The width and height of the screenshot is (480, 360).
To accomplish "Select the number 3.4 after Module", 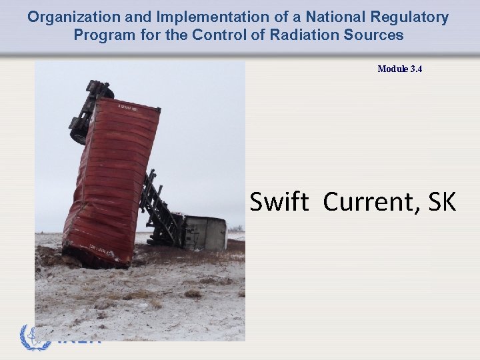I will tap(416, 69).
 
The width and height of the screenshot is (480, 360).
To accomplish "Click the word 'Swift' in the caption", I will tap(279, 201).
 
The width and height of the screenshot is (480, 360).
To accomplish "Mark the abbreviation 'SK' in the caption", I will tap(442, 201).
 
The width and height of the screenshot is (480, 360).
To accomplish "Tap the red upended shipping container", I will tap(110, 180).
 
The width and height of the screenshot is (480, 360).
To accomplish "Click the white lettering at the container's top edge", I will tap(128, 107).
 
